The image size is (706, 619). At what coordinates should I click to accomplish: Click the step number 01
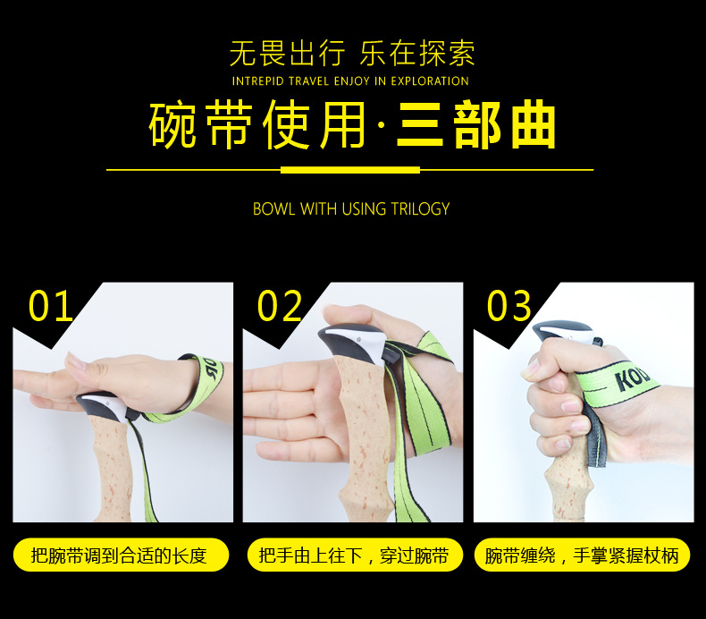pyautogui.click(x=51, y=306)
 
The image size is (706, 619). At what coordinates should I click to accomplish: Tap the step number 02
pyautogui.click(x=280, y=306)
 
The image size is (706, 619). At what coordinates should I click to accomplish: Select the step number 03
pyautogui.click(x=509, y=306)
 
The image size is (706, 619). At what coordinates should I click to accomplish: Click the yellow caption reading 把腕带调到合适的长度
pyautogui.click(x=119, y=555)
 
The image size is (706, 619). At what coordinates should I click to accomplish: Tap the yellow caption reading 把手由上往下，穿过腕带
pyautogui.click(x=353, y=555)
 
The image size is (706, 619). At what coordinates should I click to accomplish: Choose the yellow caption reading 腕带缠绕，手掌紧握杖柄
pyautogui.click(x=582, y=555)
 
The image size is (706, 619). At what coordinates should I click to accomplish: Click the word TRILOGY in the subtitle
pyautogui.click(x=420, y=209)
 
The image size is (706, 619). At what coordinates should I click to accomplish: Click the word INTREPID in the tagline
pyautogui.click(x=258, y=81)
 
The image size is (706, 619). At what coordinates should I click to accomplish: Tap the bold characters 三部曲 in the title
pyautogui.click(x=476, y=126)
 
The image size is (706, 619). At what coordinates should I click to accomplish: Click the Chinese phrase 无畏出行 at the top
pyautogui.click(x=286, y=54)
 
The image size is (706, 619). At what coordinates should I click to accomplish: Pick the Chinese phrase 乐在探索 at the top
pyautogui.click(x=416, y=54)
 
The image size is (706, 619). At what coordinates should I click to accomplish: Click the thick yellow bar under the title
pyautogui.click(x=349, y=169)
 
